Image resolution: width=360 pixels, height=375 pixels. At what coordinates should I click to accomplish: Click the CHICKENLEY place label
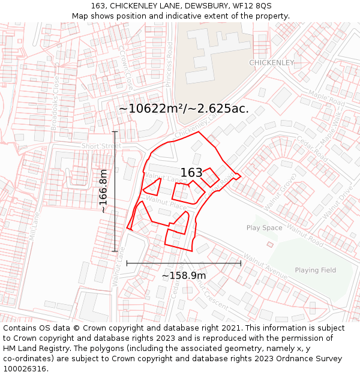[x=272, y=62]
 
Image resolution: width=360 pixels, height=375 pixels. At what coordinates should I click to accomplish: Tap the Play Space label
[x=264, y=228]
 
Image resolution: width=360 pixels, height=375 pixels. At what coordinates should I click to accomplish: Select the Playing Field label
[x=315, y=271]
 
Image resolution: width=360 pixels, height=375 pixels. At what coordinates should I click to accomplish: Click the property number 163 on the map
[x=191, y=173]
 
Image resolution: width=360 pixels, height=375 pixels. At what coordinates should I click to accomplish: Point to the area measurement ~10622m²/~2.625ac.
[x=184, y=109]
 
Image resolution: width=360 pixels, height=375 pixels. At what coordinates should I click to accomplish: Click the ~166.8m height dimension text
[x=103, y=191]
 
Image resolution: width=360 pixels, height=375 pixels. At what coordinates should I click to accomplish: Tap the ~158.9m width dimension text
[x=184, y=275]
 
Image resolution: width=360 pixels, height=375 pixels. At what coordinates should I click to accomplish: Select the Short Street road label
[x=101, y=146]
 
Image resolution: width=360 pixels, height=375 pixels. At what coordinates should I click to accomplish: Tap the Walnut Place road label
[x=167, y=204]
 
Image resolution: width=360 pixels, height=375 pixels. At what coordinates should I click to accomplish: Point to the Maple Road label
[x=326, y=98]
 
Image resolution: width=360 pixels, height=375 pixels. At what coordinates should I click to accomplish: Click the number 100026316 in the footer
[x=25, y=368]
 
